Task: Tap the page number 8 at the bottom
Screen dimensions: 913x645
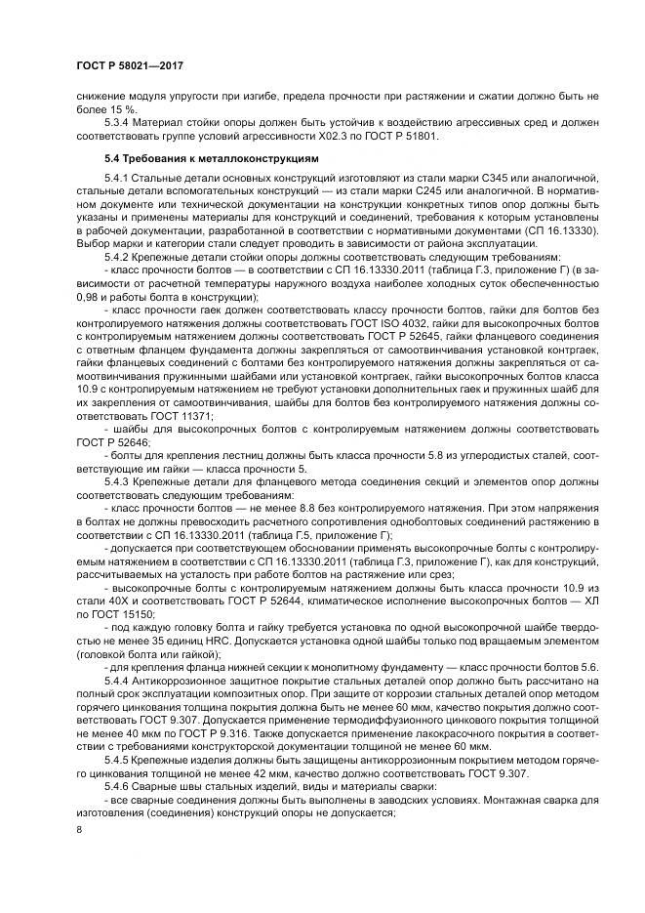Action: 81,828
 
